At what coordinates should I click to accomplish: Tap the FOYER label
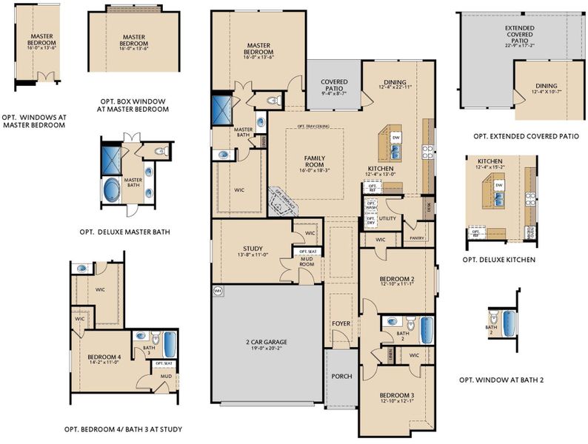tap(341, 323)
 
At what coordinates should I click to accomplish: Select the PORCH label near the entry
tap(341, 377)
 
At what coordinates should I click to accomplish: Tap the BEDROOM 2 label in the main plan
tap(396, 279)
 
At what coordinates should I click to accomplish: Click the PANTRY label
tap(416, 238)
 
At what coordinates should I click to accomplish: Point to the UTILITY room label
tap(387, 220)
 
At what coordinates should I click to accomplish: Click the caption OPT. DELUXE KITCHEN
tap(498, 260)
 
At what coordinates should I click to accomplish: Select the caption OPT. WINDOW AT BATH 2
tap(501, 380)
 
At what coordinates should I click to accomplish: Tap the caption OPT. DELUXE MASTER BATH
tap(124, 232)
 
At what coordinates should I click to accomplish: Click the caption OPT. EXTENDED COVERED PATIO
tap(526, 136)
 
